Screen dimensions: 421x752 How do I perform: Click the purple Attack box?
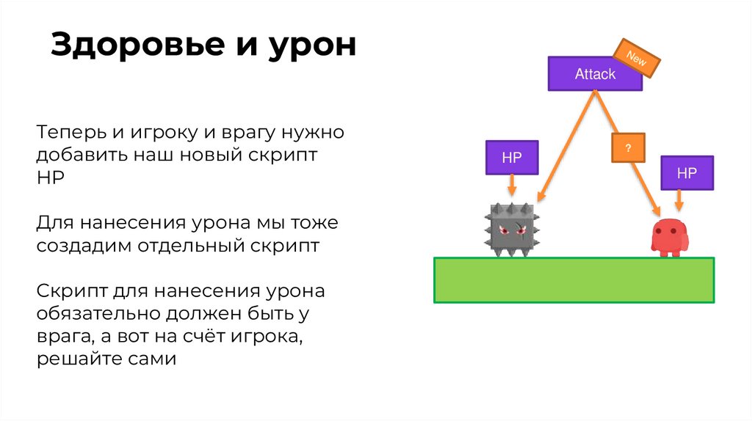[594, 74]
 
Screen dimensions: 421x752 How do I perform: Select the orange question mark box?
[628, 147]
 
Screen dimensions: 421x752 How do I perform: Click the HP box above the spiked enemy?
[511, 158]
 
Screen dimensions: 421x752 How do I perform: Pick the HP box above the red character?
[686, 174]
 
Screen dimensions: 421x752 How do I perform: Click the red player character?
[668, 237]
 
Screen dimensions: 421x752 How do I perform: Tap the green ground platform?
[574, 279]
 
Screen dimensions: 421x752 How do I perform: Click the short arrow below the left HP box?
[511, 188]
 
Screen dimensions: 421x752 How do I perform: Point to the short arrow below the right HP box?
[679, 201]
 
